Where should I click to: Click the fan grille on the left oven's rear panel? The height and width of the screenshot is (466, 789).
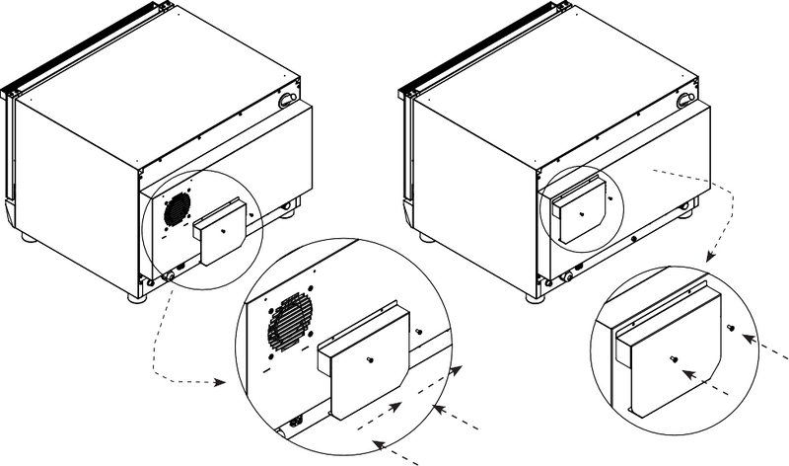tap(177, 207)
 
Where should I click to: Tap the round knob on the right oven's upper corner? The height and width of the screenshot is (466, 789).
tap(683, 101)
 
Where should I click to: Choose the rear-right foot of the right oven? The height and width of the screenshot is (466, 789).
tap(686, 208)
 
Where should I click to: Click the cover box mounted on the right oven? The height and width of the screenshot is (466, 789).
tap(580, 210)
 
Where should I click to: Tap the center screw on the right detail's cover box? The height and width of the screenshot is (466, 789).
tap(673, 358)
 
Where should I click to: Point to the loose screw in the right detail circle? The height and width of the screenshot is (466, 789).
tap(729, 327)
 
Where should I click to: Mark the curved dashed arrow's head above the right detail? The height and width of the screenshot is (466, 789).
tap(709, 259)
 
